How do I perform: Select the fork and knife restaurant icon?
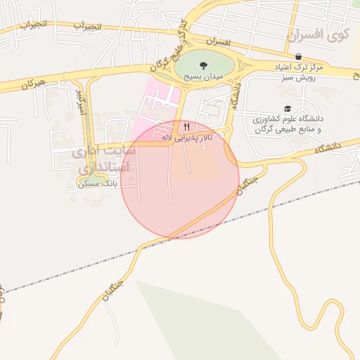coord(186,127)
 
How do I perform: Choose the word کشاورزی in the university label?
coord(282,120)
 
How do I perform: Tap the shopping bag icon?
coord(298,56)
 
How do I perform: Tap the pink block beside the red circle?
coord(158,102)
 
